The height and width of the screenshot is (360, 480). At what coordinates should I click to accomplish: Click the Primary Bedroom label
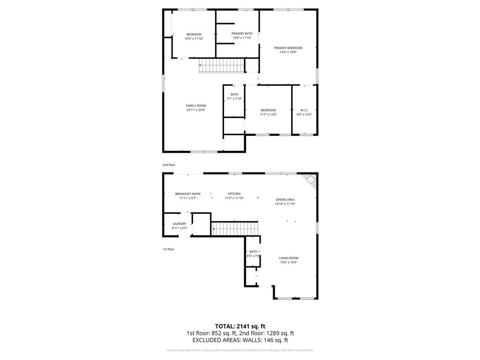288,48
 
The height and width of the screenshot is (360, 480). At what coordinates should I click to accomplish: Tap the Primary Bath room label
242,34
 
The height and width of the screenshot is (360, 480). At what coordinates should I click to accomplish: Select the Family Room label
195,106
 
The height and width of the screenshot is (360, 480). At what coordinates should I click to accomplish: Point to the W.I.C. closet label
304,110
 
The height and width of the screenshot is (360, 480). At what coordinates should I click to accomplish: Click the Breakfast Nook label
187,194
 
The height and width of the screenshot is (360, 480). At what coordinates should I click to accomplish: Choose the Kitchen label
234,194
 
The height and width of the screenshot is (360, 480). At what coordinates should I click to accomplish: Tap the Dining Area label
285,200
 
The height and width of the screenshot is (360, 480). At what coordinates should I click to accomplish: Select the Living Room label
288,258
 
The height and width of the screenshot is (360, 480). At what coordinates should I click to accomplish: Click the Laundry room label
180,224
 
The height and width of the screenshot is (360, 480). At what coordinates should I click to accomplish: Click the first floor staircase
235,229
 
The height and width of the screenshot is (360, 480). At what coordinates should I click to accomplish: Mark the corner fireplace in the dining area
310,179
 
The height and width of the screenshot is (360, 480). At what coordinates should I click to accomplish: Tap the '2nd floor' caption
169,165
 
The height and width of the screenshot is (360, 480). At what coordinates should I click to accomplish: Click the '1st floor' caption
168,249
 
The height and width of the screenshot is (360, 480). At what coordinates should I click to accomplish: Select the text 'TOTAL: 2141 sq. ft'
240,326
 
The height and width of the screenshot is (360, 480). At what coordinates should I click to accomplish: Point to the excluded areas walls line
240,340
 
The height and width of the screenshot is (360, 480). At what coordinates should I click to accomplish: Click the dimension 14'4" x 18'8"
288,52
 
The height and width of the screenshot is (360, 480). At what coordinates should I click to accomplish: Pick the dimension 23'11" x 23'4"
195,110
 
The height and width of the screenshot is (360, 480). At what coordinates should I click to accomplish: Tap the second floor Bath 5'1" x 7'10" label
234,97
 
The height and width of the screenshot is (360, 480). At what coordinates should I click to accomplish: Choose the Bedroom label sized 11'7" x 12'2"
268,112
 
